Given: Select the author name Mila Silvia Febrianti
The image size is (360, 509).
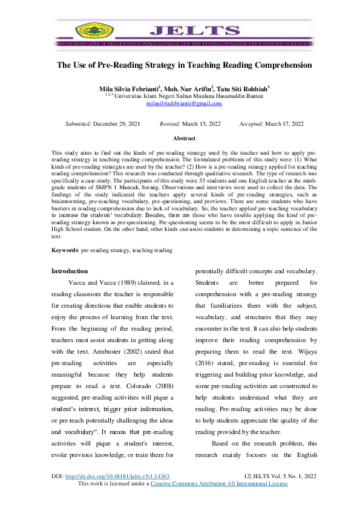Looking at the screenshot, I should pyautogui.click(x=125, y=88).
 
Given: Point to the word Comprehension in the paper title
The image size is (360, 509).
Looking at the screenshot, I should pyautogui.click(x=278, y=65).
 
